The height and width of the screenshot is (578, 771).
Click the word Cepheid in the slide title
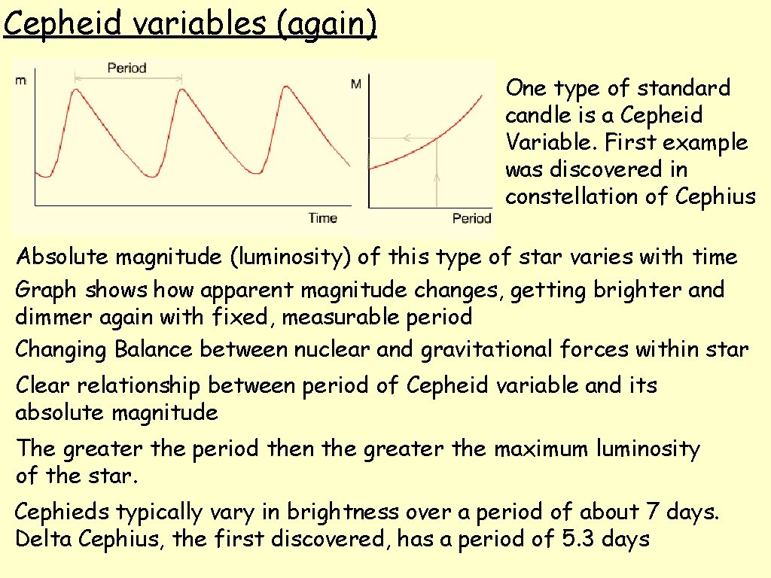point(63,23)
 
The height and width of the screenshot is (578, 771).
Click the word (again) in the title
point(327,23)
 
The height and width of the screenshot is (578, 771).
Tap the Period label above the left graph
point(126,68)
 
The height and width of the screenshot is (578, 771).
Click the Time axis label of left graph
point(322,218)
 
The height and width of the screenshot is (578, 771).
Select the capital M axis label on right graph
point(356,84)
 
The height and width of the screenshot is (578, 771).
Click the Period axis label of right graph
point(471,218)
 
